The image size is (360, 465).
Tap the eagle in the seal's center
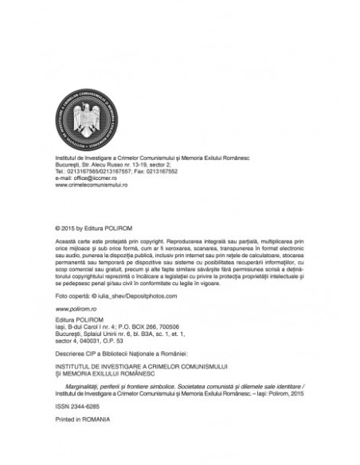coord(84,119)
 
